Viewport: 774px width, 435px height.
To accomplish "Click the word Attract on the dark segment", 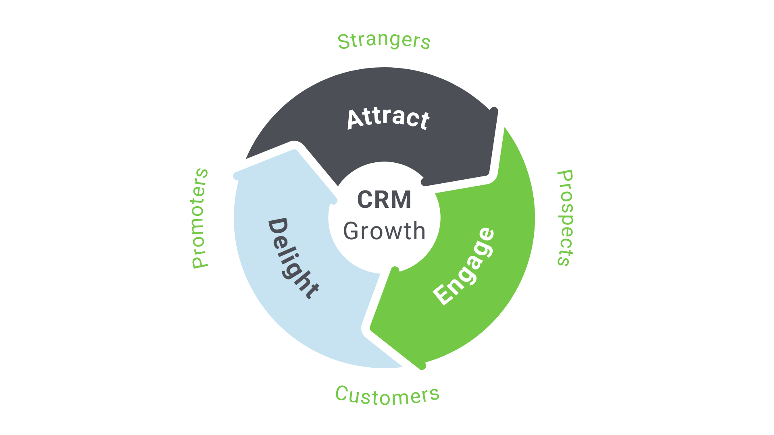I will [388, 118].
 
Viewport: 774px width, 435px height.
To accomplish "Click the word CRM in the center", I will [384, 200].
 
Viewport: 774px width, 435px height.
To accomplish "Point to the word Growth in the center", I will [384, 231].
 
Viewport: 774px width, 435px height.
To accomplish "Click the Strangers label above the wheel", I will [384, 41].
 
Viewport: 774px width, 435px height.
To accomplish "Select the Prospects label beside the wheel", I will [565, 218].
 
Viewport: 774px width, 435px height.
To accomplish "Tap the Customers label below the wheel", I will [387, 396].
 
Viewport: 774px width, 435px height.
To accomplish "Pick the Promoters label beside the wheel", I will [200, 218].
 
